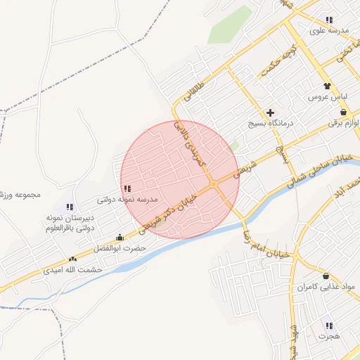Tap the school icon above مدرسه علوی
click(329, 20)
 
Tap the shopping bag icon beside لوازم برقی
click(343, 112)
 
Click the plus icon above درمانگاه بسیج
click(270, 112)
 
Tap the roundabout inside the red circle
click(213, 185)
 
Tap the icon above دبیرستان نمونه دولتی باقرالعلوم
click(70, 207)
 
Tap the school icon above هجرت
click(329, 326)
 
